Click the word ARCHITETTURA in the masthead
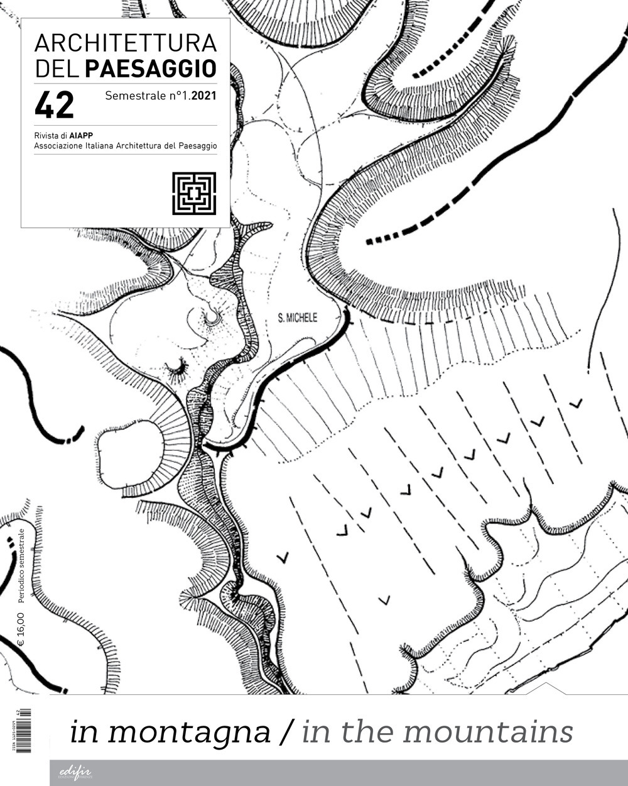point(125,43)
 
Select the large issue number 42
point(54,104)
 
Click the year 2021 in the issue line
point(204,97)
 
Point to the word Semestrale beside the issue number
point(134,97)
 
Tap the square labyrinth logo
point(194,194)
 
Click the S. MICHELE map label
point(298,318)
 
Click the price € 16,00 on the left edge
point(21,626)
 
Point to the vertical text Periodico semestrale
point(21,566)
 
